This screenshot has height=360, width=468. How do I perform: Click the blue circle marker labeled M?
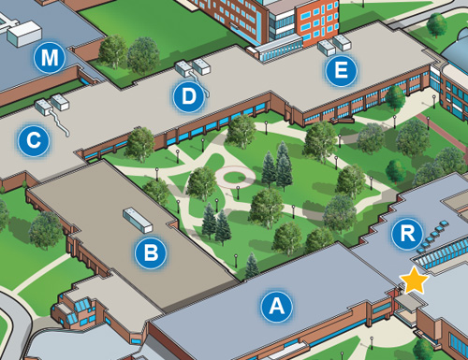50,59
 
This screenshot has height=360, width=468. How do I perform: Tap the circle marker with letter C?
33,142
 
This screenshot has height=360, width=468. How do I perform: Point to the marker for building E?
340,68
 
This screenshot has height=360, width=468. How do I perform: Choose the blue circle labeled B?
150,251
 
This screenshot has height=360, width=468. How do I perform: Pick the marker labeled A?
275,305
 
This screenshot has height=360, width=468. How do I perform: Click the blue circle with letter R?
406,235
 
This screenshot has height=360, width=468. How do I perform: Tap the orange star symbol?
413,279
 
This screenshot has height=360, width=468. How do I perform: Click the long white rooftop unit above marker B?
138,220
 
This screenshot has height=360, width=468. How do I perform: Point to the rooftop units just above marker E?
334,44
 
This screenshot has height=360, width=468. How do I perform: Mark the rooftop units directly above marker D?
193,66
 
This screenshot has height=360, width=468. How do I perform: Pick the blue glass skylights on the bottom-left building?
77,306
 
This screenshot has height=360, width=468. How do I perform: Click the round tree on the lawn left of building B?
44,229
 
